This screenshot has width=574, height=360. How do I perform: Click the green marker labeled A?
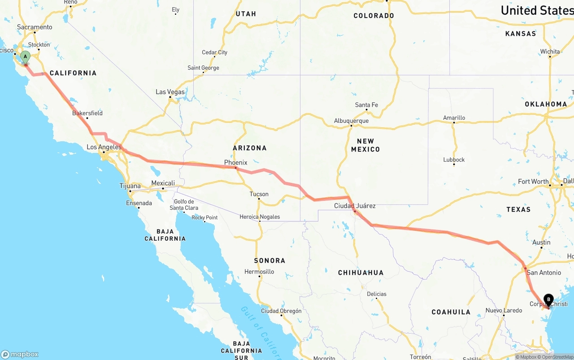click(x=26, y=57)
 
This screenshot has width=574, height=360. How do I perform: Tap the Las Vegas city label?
click(x=170, y=92)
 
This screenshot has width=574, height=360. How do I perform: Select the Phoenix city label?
click(x=235, y=162)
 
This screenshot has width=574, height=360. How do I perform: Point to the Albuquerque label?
click(x=351, y=121)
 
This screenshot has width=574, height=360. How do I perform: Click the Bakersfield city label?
click(x=87, y=113)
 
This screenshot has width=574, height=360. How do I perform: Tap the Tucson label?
click(x=259, y=194)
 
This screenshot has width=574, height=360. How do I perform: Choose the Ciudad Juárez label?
click(x=355, y=206)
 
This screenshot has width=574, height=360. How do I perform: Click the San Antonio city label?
click(x=544, y=273)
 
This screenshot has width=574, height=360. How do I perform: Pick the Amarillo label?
click(x=454, y=117)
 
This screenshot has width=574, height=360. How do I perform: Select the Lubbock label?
click(x=454, y=160)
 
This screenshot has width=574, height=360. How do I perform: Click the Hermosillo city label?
click(x=259, y=272)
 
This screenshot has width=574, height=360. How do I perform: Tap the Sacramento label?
click(x=35, y=27)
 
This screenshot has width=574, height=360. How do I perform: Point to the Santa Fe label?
click(x=366, y=105)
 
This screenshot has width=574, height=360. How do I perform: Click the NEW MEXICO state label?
click(x=365, y=145)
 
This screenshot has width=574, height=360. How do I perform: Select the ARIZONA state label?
click(x=249, y=148)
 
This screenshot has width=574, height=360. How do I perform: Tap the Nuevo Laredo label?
click(x=504, y=310)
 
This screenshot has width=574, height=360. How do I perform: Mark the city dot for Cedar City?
click(x=215, y=57)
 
